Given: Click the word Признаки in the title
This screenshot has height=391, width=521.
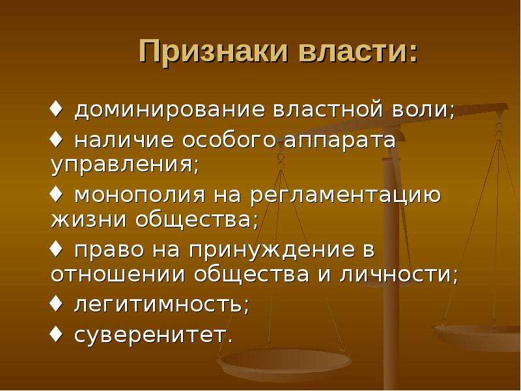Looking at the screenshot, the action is pos(214,51).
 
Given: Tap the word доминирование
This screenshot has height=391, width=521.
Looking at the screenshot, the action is pos(170,110).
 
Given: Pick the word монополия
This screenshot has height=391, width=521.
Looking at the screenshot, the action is pos(140,194).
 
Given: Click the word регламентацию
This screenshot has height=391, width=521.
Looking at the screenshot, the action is pos(346,195).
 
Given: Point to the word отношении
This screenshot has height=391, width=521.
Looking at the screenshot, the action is pos(118,274).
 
